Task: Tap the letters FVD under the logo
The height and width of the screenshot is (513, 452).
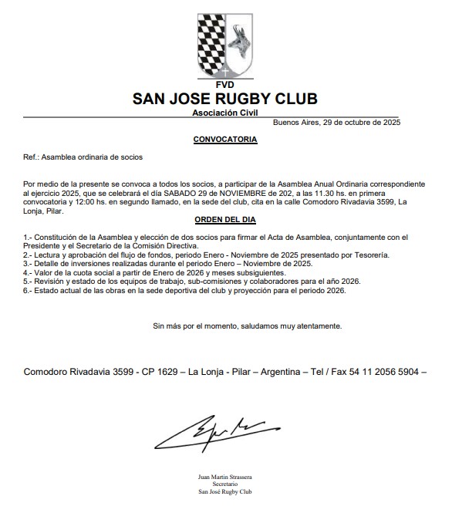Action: pyautogui.click(x=224, y=83)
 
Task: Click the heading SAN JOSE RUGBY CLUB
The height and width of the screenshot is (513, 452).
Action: pyautogui.click(x=224, y=99)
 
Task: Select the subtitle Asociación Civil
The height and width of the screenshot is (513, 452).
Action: pyautogui.click(x=224, y=113)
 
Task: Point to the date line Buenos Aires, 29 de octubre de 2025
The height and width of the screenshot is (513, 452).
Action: pyautogui.click(x=336, y=123)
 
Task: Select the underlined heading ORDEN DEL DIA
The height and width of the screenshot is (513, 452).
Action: pyautogui.click(x=224, y=220)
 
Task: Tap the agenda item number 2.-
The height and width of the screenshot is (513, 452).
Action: pyautogui.click(x=29, y=254)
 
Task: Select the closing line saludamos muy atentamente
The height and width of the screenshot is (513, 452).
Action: pyautogui.click(x=248, y=326)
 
